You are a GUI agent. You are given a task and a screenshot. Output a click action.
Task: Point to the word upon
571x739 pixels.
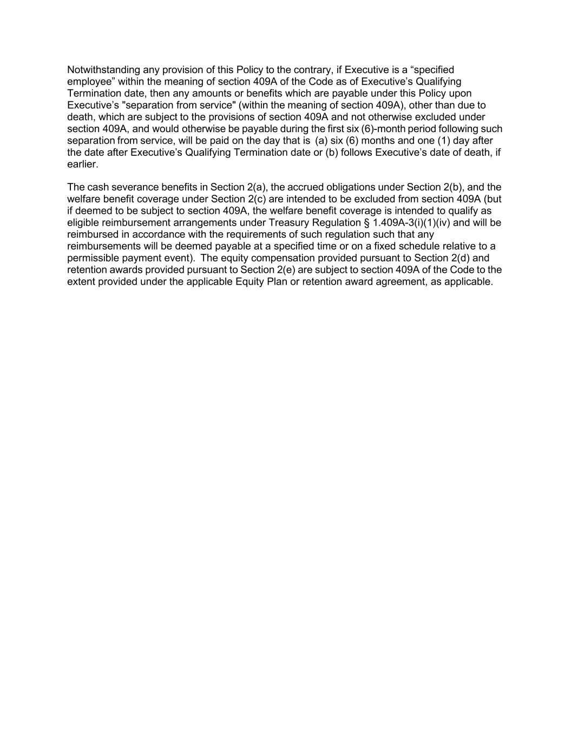pyautogui.click(x=461, y=94)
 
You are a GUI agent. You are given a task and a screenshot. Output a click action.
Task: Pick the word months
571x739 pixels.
pyautogui.click(x=377, y=141)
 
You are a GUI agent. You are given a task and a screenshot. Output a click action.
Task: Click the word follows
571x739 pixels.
pyautogui.click(x=356, y=153)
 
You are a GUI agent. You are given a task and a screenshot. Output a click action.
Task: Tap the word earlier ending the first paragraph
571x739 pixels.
pyautogui.click(x=82, y=164)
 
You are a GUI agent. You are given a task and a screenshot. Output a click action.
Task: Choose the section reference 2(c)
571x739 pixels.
pyautogui.click(x=259, y=199)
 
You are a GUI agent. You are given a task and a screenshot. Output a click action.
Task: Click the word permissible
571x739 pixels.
pyautogui.click(x=93, y=258)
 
